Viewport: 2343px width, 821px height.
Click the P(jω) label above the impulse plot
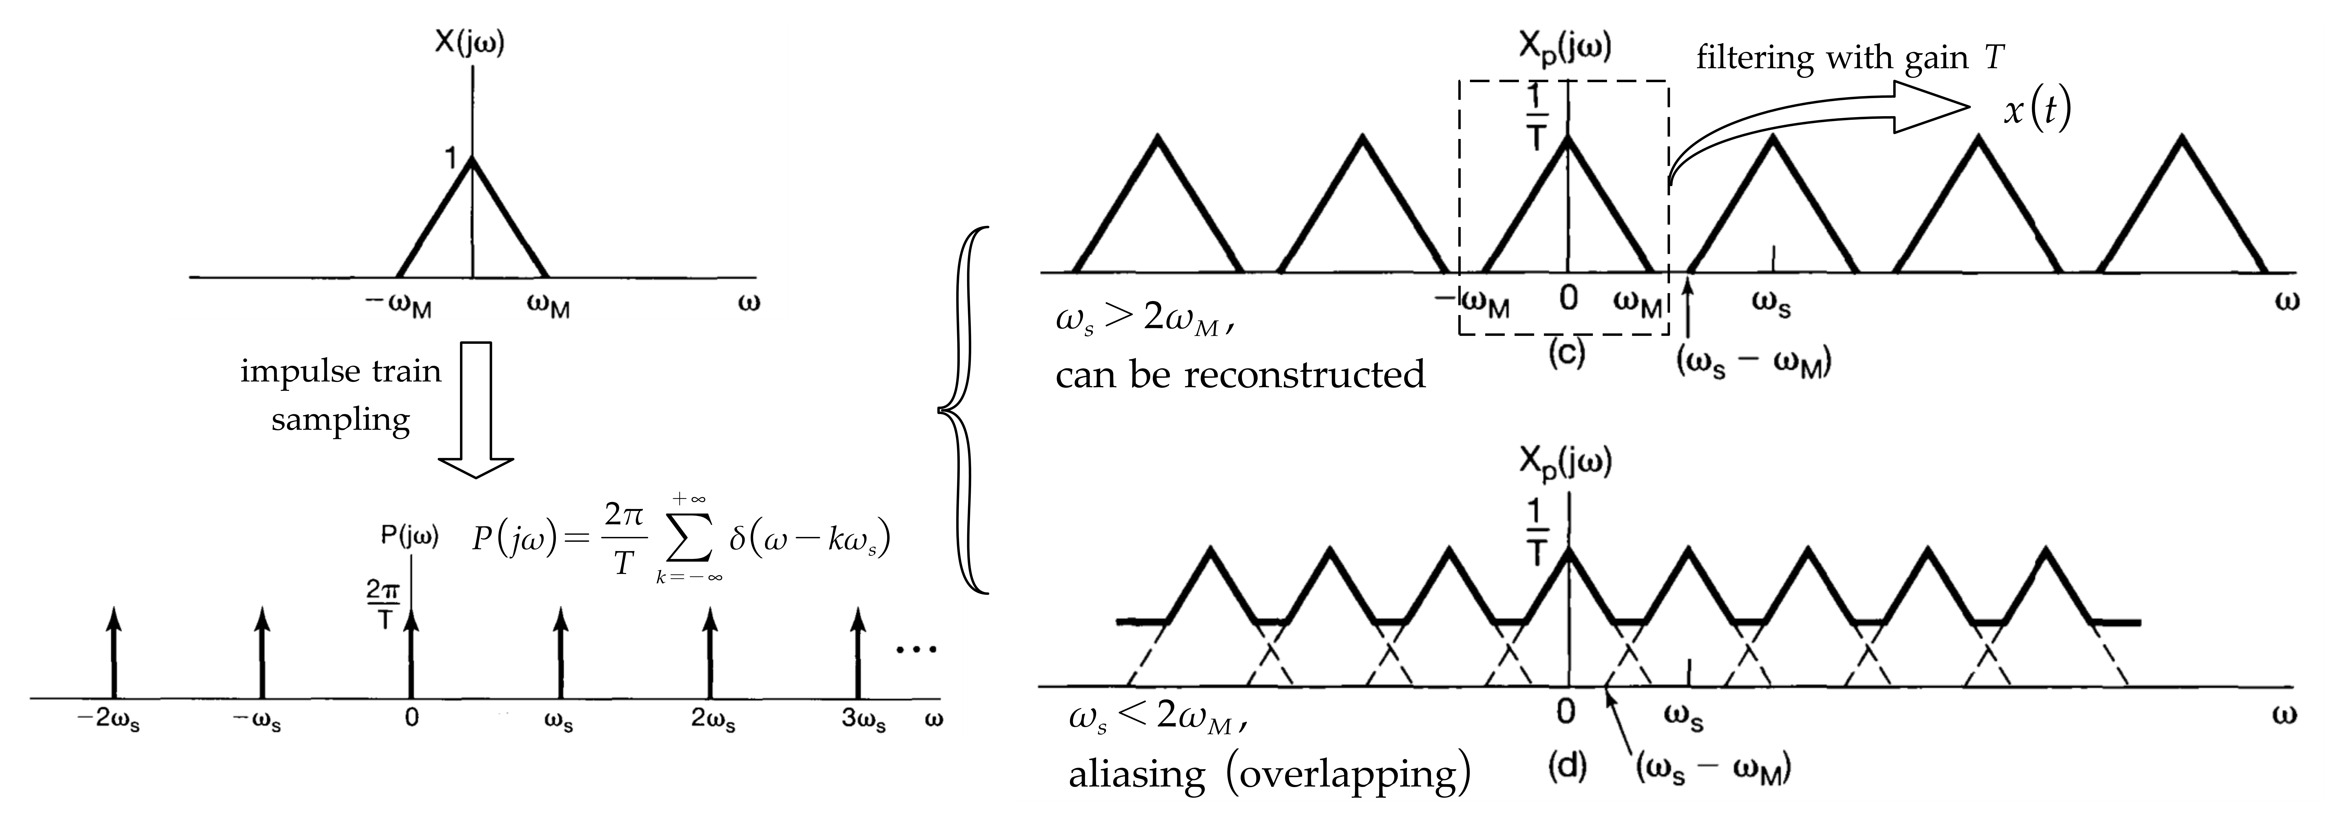(409, 537)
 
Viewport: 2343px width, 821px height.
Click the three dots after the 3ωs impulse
(916, 649)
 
